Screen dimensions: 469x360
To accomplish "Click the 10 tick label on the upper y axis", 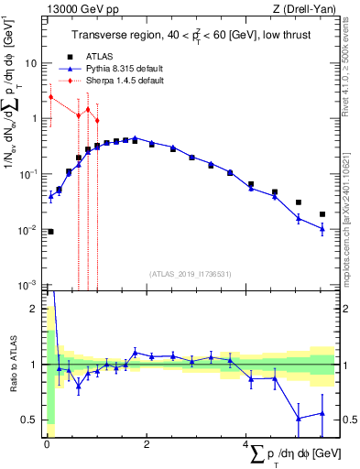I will (x=32, y=63).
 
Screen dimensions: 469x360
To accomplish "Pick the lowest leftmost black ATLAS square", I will (x=50, y=232).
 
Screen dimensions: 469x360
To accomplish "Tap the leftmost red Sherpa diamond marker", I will (x=50, y=96).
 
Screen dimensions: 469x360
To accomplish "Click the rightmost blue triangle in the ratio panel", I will (x=322, y=413).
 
